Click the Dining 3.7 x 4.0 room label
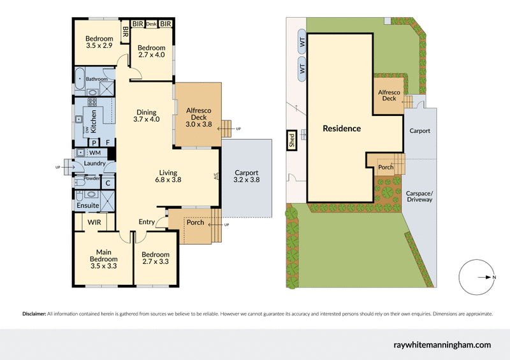(x=146, y=115)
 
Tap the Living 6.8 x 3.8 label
(x=168, y=176)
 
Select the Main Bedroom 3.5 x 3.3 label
(x=103, y=255)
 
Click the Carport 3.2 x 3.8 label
(x=246, y=176)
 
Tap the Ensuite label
(x=87, y=206)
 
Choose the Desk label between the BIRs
(x=151, y=24)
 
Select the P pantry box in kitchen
(x=93, y=142)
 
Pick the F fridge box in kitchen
(x=108, y=142)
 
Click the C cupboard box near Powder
(x=108, y=184)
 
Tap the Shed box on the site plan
(x=291, y=140)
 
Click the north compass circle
(x=477, y=277)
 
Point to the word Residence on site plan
(x=342, y=129)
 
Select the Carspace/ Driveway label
(x=419, y=196)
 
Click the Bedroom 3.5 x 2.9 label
(x=99, y=43)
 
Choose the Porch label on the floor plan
(x=195, y=222)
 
